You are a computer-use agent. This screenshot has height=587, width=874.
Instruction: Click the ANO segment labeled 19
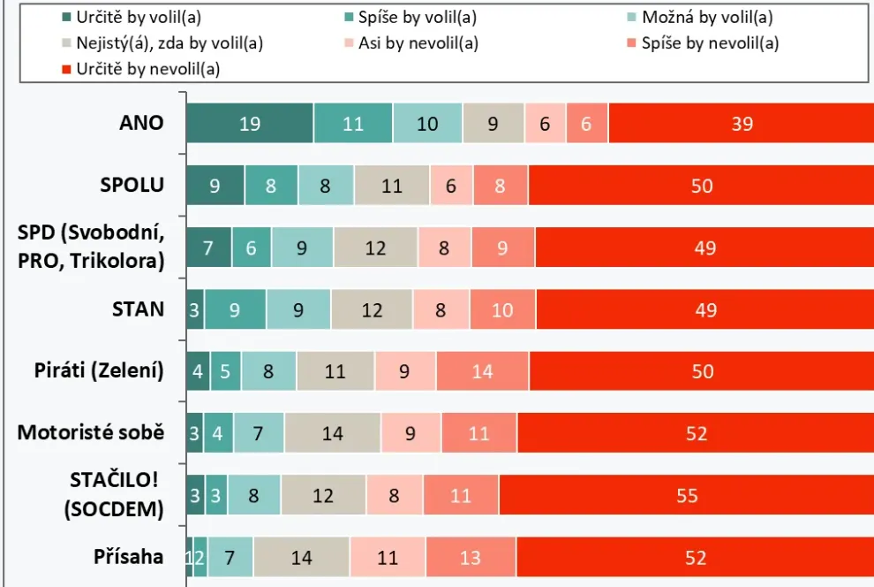[250, 124]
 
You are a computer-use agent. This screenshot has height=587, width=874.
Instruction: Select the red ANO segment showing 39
[741, 124]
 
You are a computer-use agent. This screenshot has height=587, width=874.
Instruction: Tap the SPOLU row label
[132, 185]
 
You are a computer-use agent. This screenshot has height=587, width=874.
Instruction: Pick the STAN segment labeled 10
[502, 309]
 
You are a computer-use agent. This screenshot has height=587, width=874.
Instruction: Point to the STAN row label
[138, 309]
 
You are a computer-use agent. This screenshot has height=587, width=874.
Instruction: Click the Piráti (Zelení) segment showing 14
[482, 371]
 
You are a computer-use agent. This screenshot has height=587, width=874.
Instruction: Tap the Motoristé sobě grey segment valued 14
[333, 433]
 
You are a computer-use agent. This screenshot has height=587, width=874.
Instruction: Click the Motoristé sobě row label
[91, 432]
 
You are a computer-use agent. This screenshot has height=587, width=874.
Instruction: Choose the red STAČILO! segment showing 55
[686, 496]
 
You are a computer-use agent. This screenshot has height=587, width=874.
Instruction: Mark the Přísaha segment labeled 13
[471, 558]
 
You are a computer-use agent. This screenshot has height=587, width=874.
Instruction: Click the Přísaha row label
[129, 556]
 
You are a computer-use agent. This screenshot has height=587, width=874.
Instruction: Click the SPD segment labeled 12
[375, 248]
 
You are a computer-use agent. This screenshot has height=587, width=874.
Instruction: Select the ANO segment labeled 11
[353, 124]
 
